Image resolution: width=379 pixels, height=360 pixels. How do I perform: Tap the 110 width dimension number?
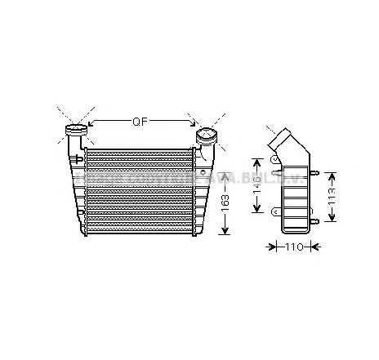pyautogui.click(x=293, y=247)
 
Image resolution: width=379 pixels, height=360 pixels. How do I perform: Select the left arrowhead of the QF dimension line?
pyautogui.click(x=91, y=124)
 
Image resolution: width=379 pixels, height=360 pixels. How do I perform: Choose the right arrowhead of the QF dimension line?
pyautogui.click(x=194, y=124)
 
